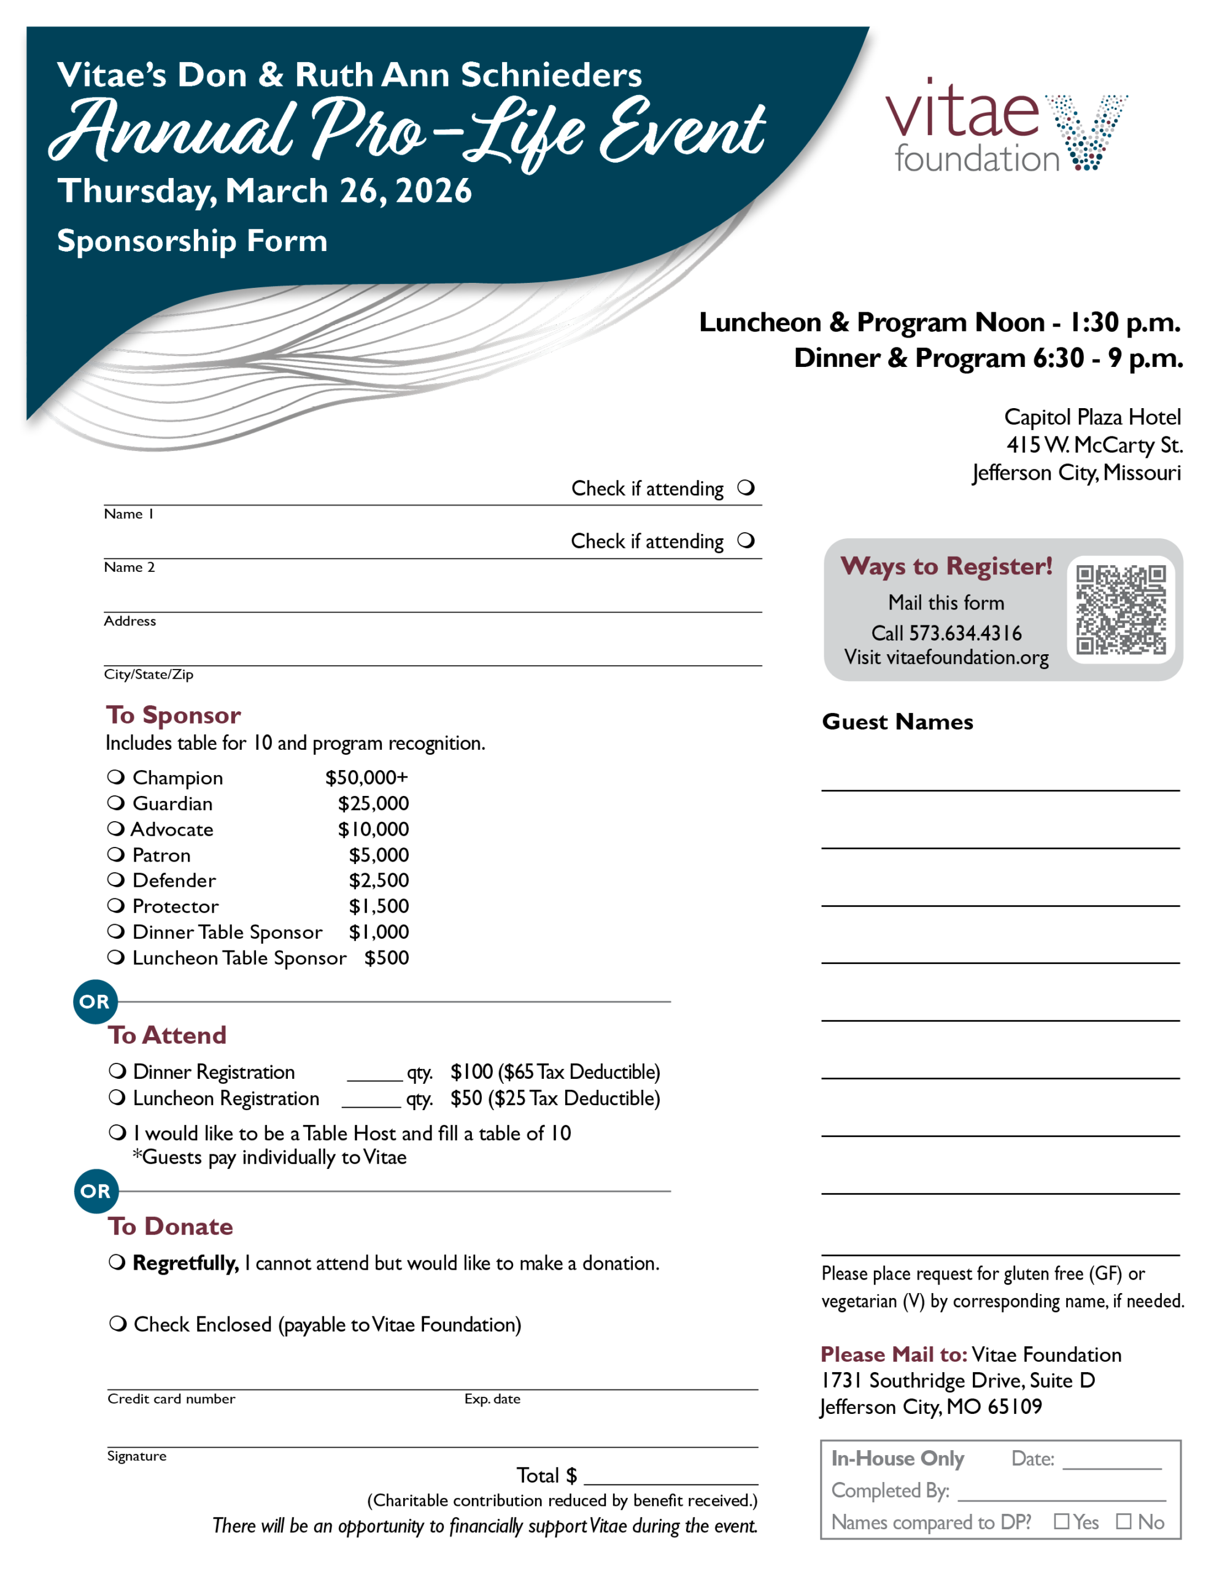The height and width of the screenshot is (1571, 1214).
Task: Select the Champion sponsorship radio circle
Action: click(115, 777)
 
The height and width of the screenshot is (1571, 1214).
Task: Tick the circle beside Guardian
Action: click(115, 803)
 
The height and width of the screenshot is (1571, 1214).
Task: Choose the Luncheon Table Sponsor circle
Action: click(115, 957)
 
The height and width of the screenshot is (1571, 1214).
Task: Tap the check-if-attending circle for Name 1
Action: click(746, 488)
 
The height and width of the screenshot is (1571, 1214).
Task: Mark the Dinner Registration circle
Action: click(117, 1071)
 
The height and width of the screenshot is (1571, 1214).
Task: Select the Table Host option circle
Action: click(117, 1133)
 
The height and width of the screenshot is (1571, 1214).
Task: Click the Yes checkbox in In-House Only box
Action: click(1061, 1521)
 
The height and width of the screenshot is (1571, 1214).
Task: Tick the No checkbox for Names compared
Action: click(1123, 1521)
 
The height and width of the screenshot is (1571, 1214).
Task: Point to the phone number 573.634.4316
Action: click(965, 633)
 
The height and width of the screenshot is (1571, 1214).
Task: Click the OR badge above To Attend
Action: click(95, 1002)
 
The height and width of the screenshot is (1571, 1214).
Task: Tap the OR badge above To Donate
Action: click(96, 1191)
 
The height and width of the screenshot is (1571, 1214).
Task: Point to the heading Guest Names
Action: click(897, 722)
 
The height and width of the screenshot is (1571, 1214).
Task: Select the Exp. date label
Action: click(492, 1399)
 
